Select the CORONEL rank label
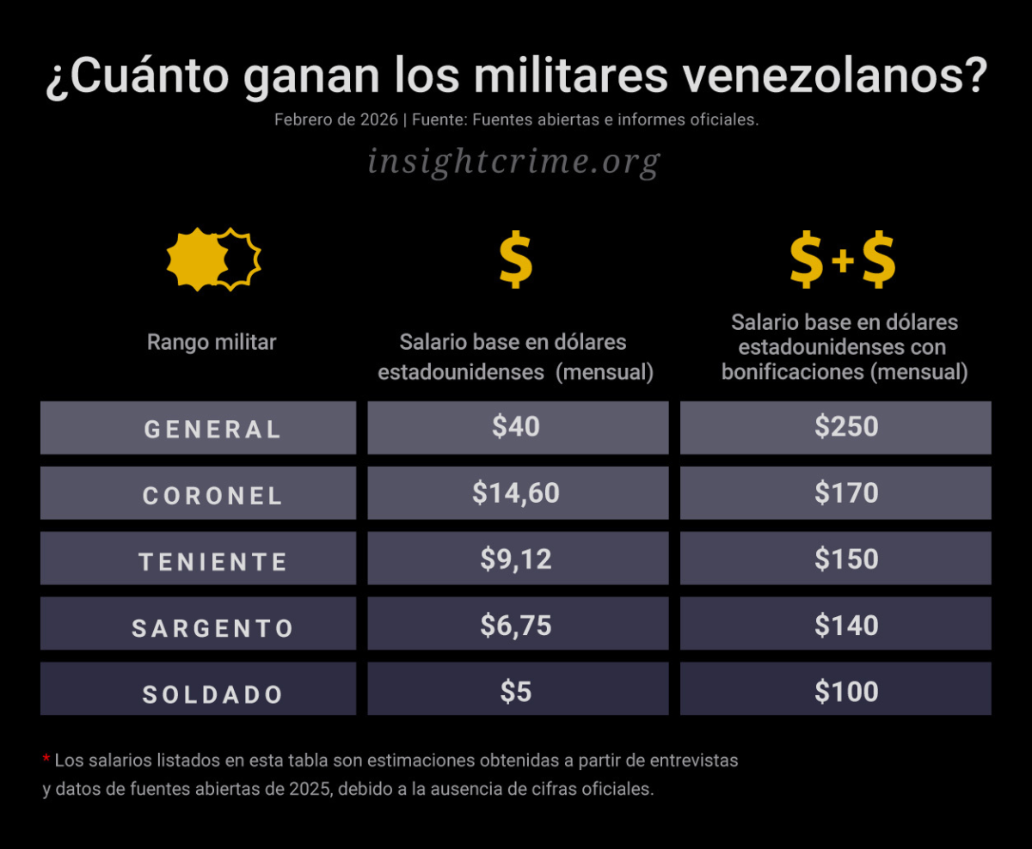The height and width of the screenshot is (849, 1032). [212, 494]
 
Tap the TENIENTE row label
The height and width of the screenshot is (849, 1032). [212, 560]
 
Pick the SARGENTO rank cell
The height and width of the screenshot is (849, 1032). [212, 626]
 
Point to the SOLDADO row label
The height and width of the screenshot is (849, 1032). [212, 693]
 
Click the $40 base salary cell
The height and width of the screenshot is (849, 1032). [516, 426]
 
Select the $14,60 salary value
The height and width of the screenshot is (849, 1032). [516, 492]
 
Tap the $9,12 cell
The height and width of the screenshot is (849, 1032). [516, 559]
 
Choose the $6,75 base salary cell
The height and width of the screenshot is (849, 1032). [516, 625]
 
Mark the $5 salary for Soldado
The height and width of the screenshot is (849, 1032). [516, 691]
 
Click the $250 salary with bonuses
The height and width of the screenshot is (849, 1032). [846, 426]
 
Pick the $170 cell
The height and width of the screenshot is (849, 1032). [846, 492]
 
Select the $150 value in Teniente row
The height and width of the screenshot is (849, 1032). [846, 559]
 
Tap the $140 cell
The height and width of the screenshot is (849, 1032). [846, 625]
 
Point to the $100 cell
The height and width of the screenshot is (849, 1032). [846, 691]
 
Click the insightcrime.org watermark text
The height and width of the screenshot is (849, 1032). [513, 161]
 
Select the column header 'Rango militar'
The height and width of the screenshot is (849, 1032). [212, 342]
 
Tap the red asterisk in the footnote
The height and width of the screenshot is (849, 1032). [46, 760]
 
